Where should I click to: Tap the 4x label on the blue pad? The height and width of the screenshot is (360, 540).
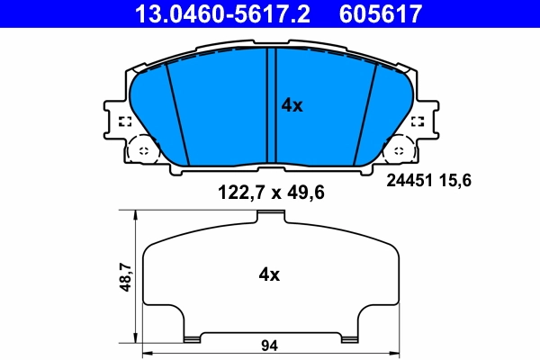(x=292, y=105)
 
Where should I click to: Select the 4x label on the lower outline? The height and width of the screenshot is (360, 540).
(x=269, y=274)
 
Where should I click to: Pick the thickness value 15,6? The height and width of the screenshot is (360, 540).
(x=456, y=180)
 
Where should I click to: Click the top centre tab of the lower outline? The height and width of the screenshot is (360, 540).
(x=268, y=214)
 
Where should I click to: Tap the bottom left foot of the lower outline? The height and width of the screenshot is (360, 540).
(x=191, y=337)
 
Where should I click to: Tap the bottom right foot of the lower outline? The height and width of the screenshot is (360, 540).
(x=346, y=337)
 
